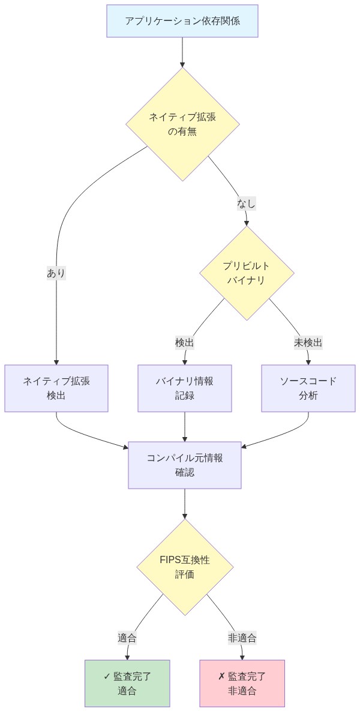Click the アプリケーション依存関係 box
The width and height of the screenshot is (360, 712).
182,21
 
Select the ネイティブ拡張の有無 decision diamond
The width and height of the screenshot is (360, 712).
182,124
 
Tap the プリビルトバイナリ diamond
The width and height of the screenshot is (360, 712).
247,273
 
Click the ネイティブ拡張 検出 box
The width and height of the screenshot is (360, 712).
56,388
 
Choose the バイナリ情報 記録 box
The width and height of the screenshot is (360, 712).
185,388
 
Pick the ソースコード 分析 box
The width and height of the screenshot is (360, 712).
308,388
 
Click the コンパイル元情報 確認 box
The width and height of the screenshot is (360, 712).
185,465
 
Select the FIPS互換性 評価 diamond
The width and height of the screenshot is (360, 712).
185,567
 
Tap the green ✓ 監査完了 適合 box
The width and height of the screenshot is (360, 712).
127,684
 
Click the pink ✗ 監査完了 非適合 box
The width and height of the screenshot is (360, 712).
242,684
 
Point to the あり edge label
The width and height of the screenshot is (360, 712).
56,273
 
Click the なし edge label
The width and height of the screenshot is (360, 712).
246,204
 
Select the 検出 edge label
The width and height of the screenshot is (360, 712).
184,343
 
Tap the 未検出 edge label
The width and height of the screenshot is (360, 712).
308,343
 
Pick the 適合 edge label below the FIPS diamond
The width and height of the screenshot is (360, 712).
127,638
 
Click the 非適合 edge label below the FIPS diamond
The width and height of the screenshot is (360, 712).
242,638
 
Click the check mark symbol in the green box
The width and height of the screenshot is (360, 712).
107,677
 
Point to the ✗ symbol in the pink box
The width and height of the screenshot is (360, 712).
221,677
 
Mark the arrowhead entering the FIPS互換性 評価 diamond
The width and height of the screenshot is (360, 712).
185,515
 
